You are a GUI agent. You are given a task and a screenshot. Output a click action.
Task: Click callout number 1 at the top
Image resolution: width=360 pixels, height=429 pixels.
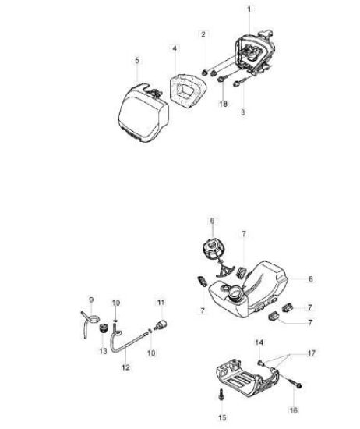249,9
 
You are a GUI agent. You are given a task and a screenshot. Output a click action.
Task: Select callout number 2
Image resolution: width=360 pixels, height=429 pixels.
203,34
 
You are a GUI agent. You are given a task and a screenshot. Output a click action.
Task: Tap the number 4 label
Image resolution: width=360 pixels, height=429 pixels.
175,48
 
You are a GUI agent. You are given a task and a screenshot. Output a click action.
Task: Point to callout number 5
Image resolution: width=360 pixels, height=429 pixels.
137,60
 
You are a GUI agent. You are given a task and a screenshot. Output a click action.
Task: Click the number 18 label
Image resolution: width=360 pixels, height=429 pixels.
224,104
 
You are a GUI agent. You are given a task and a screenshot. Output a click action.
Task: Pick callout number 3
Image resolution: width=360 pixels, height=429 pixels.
243,112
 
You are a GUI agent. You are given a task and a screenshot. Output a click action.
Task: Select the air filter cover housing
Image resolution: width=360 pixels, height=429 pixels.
143,113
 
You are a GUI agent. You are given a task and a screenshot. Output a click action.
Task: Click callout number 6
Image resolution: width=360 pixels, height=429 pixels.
213,221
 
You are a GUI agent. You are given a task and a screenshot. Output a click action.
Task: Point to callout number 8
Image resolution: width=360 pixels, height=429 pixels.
311,279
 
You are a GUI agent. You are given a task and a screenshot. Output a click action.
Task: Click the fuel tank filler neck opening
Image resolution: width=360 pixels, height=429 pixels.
235,292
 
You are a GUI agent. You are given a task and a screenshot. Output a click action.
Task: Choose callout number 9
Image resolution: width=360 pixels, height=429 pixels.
91,300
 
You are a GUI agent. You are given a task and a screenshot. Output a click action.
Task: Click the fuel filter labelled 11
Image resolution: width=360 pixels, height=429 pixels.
161,324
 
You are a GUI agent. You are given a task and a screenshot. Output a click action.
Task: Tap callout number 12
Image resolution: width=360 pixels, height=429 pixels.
125,367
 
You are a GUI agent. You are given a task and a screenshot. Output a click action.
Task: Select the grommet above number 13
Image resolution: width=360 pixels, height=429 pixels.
103,328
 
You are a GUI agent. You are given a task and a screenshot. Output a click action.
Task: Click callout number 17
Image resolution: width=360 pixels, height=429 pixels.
312,353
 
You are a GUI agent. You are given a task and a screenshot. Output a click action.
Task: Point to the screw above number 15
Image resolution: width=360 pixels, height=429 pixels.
221,395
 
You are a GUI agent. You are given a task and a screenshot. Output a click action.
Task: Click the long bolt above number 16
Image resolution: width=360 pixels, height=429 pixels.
293,382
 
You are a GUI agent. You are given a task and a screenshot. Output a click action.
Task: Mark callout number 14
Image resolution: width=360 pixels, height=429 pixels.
259,342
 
